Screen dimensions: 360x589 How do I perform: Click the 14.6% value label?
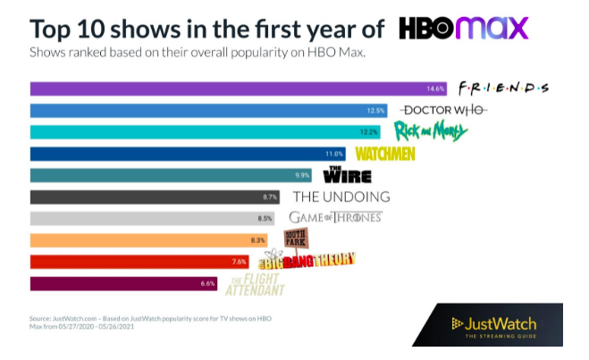click(x=435, y=88)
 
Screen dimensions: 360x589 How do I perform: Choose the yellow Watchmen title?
click(x=387, y=154)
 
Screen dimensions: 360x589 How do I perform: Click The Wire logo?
click(x=345, y=174)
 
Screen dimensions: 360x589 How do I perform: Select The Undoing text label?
click(x=341, y=197)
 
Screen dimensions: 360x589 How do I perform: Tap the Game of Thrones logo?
click(x=335, y=217)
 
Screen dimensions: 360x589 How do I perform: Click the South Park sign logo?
click(x=296, y=238)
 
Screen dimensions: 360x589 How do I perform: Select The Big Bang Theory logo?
click(x=307, y=260)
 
